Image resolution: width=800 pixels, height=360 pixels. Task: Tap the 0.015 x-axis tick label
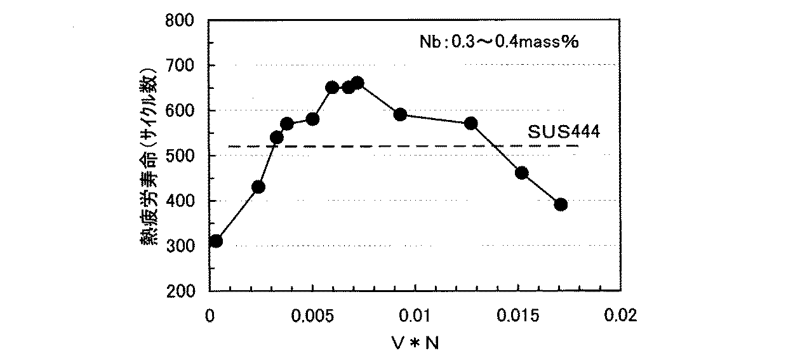click(517, 316)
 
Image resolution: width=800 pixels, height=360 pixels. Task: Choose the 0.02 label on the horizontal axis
click(620, 316)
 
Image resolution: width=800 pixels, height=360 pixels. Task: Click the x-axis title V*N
click(415, 343)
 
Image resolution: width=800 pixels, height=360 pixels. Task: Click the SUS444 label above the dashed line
click(564, 132)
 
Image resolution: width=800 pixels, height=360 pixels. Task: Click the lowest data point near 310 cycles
click(216, 241)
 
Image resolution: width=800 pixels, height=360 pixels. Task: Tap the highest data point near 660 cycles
click(357, 83)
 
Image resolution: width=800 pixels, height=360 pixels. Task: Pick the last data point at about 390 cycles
click(561, 204)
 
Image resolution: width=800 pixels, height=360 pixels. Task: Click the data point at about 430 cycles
click(258, 187)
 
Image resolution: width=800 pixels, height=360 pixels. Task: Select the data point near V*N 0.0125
click(470, 123)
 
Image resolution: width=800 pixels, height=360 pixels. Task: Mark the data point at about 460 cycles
click(522, 173)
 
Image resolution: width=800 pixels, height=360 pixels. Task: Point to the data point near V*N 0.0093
click(400, 115)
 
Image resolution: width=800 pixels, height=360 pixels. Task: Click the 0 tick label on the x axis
click(210, 316)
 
